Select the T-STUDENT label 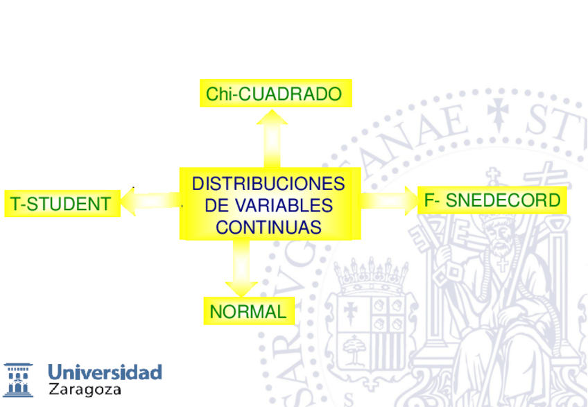[x=60, y=204]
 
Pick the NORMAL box [x=248, y=312]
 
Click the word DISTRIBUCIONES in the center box [x=268, y=184]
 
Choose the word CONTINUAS [x=268, y=227]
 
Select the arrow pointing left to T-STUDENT [x=149, y=202]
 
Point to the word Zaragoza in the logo [x=85, y=390]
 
